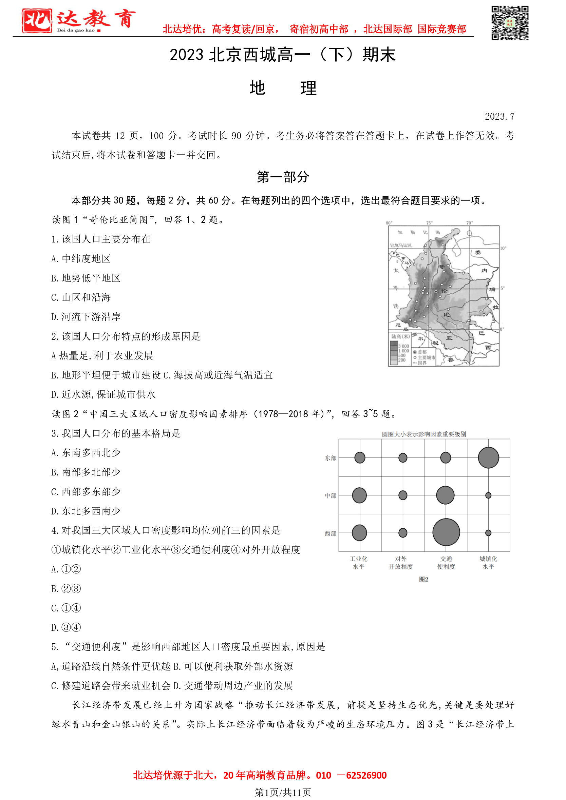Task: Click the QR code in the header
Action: click(x=510, y=23)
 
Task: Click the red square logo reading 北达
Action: click(x=37, y=21)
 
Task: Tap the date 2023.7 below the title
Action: click(x=499, y=116)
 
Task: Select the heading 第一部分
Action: click(x=283, y=177)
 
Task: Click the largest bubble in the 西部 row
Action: click(x=446, y=532)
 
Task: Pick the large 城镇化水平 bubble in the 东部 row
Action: click(x=488, y=457)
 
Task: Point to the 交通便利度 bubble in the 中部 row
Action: click(x=445, y=495)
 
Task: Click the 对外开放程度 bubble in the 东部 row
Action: click(x=403, y=457)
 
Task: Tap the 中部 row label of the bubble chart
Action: click(x=330, y=495)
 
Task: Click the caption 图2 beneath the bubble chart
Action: click(x=423, y=579)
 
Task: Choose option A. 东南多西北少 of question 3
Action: click(x=86, y=453)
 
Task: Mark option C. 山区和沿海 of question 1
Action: click(x=81, y=297)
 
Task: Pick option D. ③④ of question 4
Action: click(x=66, y=627)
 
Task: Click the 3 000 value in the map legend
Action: click(x=403, y=346)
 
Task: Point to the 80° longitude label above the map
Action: click(x=389, y=223)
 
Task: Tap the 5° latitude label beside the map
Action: click(x=503, y=288)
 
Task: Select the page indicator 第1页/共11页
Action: click(x=283, y=792)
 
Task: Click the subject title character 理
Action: click(x=309, y=88)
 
